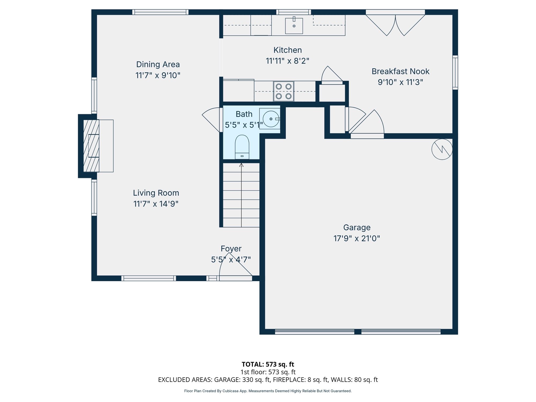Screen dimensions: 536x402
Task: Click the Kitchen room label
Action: (288, 50)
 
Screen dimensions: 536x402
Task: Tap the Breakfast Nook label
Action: (400, 71)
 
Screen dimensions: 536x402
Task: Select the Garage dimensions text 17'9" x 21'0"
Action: (357, 238)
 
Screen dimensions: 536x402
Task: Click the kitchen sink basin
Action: (294, 26)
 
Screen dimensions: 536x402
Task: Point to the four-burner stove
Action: (284, 91)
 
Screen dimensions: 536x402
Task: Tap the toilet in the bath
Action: (242, 147)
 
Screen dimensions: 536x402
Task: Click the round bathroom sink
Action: (271, 119)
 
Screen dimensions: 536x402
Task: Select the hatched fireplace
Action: (91, 146)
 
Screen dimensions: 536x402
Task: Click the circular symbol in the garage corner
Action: (442, 149)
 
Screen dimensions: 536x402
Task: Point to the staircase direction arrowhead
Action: (241, 165)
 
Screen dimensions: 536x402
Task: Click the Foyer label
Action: (231, 249)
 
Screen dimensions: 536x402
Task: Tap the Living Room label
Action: (156, 193)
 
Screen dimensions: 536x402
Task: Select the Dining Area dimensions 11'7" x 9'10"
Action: (158, 75)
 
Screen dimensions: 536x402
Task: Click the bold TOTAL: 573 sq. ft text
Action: (268, 364)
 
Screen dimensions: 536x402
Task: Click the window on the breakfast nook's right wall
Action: (455, 72)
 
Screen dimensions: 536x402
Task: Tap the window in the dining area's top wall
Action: (160, 12)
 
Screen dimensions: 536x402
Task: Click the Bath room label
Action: (244, 114)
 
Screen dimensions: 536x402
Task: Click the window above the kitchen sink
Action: (294, 12)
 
